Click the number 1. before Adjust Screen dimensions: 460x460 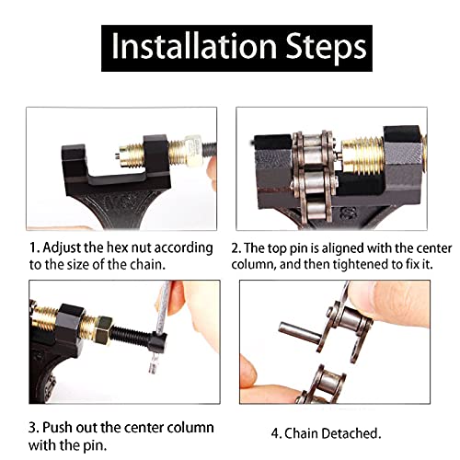[x=33, y=248]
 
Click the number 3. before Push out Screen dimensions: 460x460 [x=33, y=428]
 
